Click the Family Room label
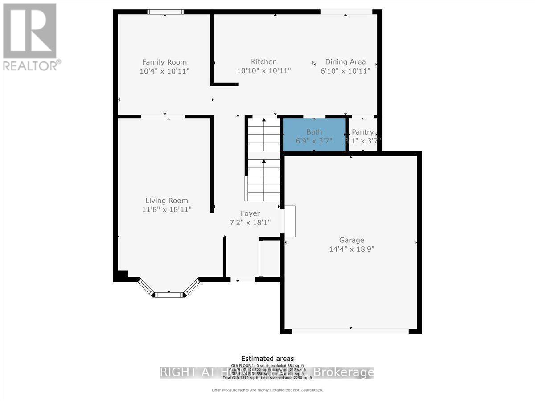pos(164,62)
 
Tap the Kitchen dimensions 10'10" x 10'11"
pos(264,70)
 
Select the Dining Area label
pos(346,62)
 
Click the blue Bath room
pos(314,135)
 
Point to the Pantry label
pos(362,132)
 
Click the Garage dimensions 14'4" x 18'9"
pos(352,249)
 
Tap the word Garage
pos(352,240)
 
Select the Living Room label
pos(167,201)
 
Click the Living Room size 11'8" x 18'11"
pos(167,209)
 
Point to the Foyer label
pos(250,214)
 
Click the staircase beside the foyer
pos(264,160)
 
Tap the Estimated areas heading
pos(267,359)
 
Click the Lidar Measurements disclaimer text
pos(267,390)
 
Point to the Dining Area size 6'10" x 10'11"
pos(346,71)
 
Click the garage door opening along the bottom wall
pos(350,331)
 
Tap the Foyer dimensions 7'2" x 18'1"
pos(250,222)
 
